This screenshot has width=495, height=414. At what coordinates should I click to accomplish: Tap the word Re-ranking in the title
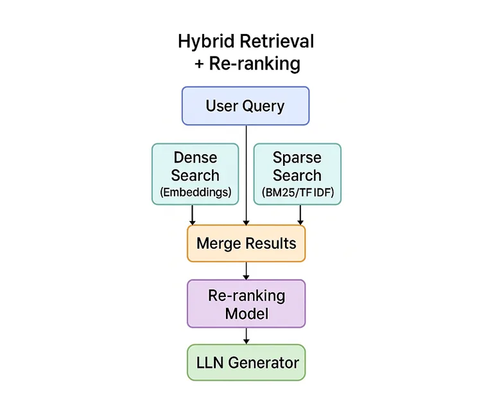255,64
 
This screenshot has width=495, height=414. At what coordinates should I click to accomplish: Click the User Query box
245,105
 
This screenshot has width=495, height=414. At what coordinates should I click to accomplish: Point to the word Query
263,106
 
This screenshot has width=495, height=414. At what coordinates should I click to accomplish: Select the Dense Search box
195,174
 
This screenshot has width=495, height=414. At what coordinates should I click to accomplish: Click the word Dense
195,157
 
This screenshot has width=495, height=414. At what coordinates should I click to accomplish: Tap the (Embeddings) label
195,192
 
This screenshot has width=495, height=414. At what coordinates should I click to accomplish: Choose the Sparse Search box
297,174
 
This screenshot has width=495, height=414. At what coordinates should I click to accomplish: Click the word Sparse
297,157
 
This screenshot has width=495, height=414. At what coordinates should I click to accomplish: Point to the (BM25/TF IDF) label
297,192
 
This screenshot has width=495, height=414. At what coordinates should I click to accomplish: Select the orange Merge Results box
246,243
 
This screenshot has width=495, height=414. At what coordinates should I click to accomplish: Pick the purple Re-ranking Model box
246,304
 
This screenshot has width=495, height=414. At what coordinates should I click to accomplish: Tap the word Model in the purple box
247,314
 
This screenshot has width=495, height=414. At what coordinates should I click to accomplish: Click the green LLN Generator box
246,363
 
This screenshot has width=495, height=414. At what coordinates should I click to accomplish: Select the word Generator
263,363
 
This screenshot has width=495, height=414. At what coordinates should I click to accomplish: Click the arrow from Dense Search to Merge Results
192,215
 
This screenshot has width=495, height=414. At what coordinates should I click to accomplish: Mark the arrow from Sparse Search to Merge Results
300,215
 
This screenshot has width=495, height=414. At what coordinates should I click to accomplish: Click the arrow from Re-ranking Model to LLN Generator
246,336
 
